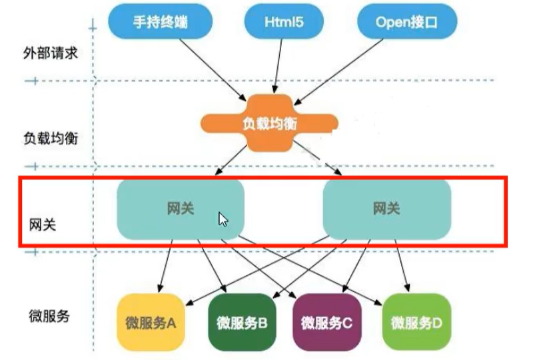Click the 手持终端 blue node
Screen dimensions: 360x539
(161, 22)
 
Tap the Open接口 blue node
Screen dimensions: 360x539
(407, 22)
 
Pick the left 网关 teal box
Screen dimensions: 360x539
(181, 209)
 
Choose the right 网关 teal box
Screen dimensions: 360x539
(386, 209)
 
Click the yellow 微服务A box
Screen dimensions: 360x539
(151, 323)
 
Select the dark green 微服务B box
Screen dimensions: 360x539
(243, 323)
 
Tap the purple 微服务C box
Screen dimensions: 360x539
(326, 323)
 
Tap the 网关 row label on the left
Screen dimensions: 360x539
(43, 224)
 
